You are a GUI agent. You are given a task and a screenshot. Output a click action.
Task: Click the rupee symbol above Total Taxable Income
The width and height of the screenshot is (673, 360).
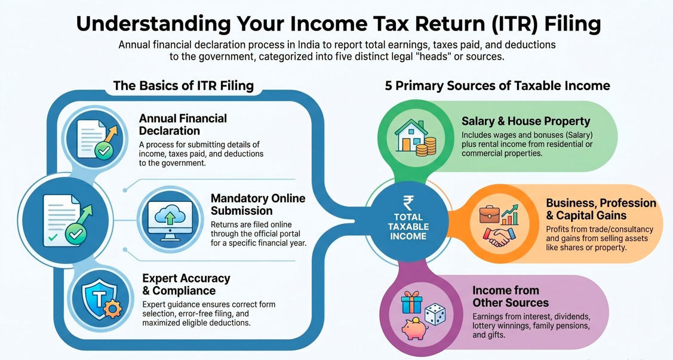pyautogui.click(x=408, y=203)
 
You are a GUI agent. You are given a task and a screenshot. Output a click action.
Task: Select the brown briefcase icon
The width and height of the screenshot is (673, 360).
pyautogui.click(x=489, y=214)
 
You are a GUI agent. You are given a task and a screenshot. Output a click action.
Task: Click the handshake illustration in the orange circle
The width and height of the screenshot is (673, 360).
pyautogui.click(x=498, y=237)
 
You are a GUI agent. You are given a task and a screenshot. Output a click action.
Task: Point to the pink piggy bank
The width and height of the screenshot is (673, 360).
pyautogui.click(x=414, y=329)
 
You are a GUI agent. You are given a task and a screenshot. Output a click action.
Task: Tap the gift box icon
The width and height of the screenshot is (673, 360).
pyautogui.click(x=411, y=302)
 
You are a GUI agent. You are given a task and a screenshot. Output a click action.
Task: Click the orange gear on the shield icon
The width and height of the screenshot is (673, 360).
pyautogui.click(x=112, y=309)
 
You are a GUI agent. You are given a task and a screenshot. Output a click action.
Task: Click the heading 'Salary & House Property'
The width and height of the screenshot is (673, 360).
pyautogui.click(x=526, y=121)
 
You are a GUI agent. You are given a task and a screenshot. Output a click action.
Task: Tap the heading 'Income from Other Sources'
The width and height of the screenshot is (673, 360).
pyautogui.click(x=511, y=297)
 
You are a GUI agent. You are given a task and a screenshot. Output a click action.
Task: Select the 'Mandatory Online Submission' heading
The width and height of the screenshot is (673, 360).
pyautogui.click(x=258, y=205)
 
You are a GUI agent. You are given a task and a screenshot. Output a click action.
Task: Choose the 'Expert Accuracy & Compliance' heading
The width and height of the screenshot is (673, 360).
pyautogui.click(x=186, y=285)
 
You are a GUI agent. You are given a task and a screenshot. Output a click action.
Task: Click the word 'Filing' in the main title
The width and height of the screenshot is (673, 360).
pyautogui.click(x=573, y=24)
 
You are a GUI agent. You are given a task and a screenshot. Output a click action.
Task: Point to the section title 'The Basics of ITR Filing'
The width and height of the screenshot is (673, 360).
pyautogui.click(x=183, y=85)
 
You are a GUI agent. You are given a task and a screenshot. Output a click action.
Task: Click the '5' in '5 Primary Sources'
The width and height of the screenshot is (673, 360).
pyautogui.click(x=388, y=86)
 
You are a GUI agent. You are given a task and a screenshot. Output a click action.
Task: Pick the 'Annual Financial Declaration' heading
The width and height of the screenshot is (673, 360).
pyautogui.click(x=183, y=124)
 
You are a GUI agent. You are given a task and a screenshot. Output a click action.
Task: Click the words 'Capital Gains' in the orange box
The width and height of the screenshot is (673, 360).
pyautogui.click(x=591, y=216)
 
